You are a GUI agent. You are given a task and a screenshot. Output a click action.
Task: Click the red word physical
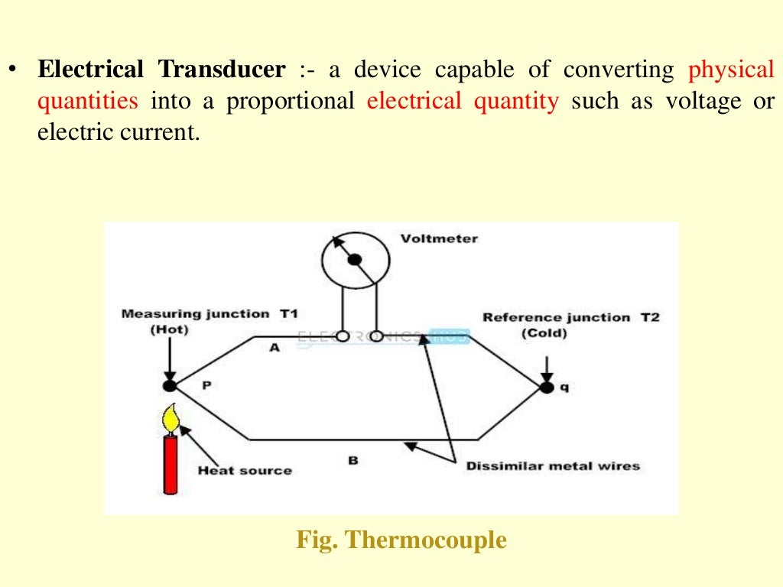[x=731, y=70]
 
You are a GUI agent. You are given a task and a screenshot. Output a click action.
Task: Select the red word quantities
[x=88, y=101]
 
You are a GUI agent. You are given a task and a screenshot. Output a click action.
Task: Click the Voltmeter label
[x=439, y=238]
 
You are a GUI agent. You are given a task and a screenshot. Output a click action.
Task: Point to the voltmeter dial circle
[x=355, y=260]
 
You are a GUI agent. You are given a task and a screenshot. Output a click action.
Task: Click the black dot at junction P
[x=170, y=386]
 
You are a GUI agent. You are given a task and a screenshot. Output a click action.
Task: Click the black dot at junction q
[x=547, y=388]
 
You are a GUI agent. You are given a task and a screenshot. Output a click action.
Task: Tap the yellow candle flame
[x=171, y=418]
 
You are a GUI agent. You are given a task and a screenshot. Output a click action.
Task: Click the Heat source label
[x=245, y=470]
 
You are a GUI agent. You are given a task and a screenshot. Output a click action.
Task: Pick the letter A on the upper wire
[x=275, y=348]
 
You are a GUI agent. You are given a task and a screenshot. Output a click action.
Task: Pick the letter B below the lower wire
[x=353, y=461]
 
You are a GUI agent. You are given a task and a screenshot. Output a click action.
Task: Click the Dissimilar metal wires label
[x=553, y=465]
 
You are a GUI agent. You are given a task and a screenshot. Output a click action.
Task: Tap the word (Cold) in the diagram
[x=544, y=334]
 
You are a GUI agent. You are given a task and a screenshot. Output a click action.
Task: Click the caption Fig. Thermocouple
[x=401, y=540]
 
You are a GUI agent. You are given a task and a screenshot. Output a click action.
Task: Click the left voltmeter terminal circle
[x=343, y=336]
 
